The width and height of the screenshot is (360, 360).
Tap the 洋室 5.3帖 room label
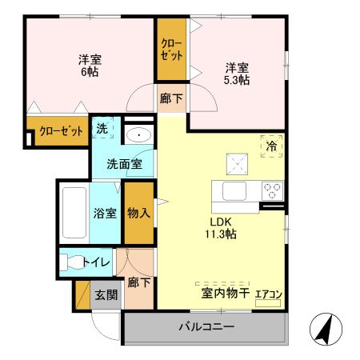tap(236, 74)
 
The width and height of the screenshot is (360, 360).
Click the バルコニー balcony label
tap(206, 327)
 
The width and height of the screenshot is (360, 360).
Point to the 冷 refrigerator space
tap(271, 146)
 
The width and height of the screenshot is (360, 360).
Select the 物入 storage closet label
tap(138, 213)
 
